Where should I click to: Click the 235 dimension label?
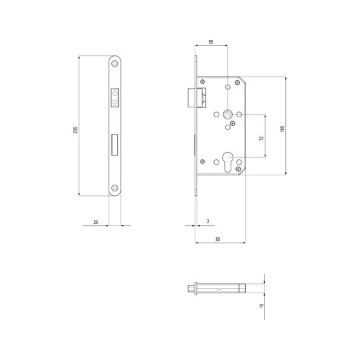click(75, 130)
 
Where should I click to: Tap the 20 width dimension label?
click(96, 222)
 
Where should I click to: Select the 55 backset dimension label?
click(211, 42)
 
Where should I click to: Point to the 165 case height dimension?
click(283, 129)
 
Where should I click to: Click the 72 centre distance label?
click(261, 138)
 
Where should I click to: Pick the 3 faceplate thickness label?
click(208, 221)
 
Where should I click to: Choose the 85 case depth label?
click(217, 239)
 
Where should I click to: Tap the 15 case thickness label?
click(261, 306)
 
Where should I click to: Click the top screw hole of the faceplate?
click(115, 63)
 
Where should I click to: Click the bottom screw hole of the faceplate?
click(115, 188)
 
